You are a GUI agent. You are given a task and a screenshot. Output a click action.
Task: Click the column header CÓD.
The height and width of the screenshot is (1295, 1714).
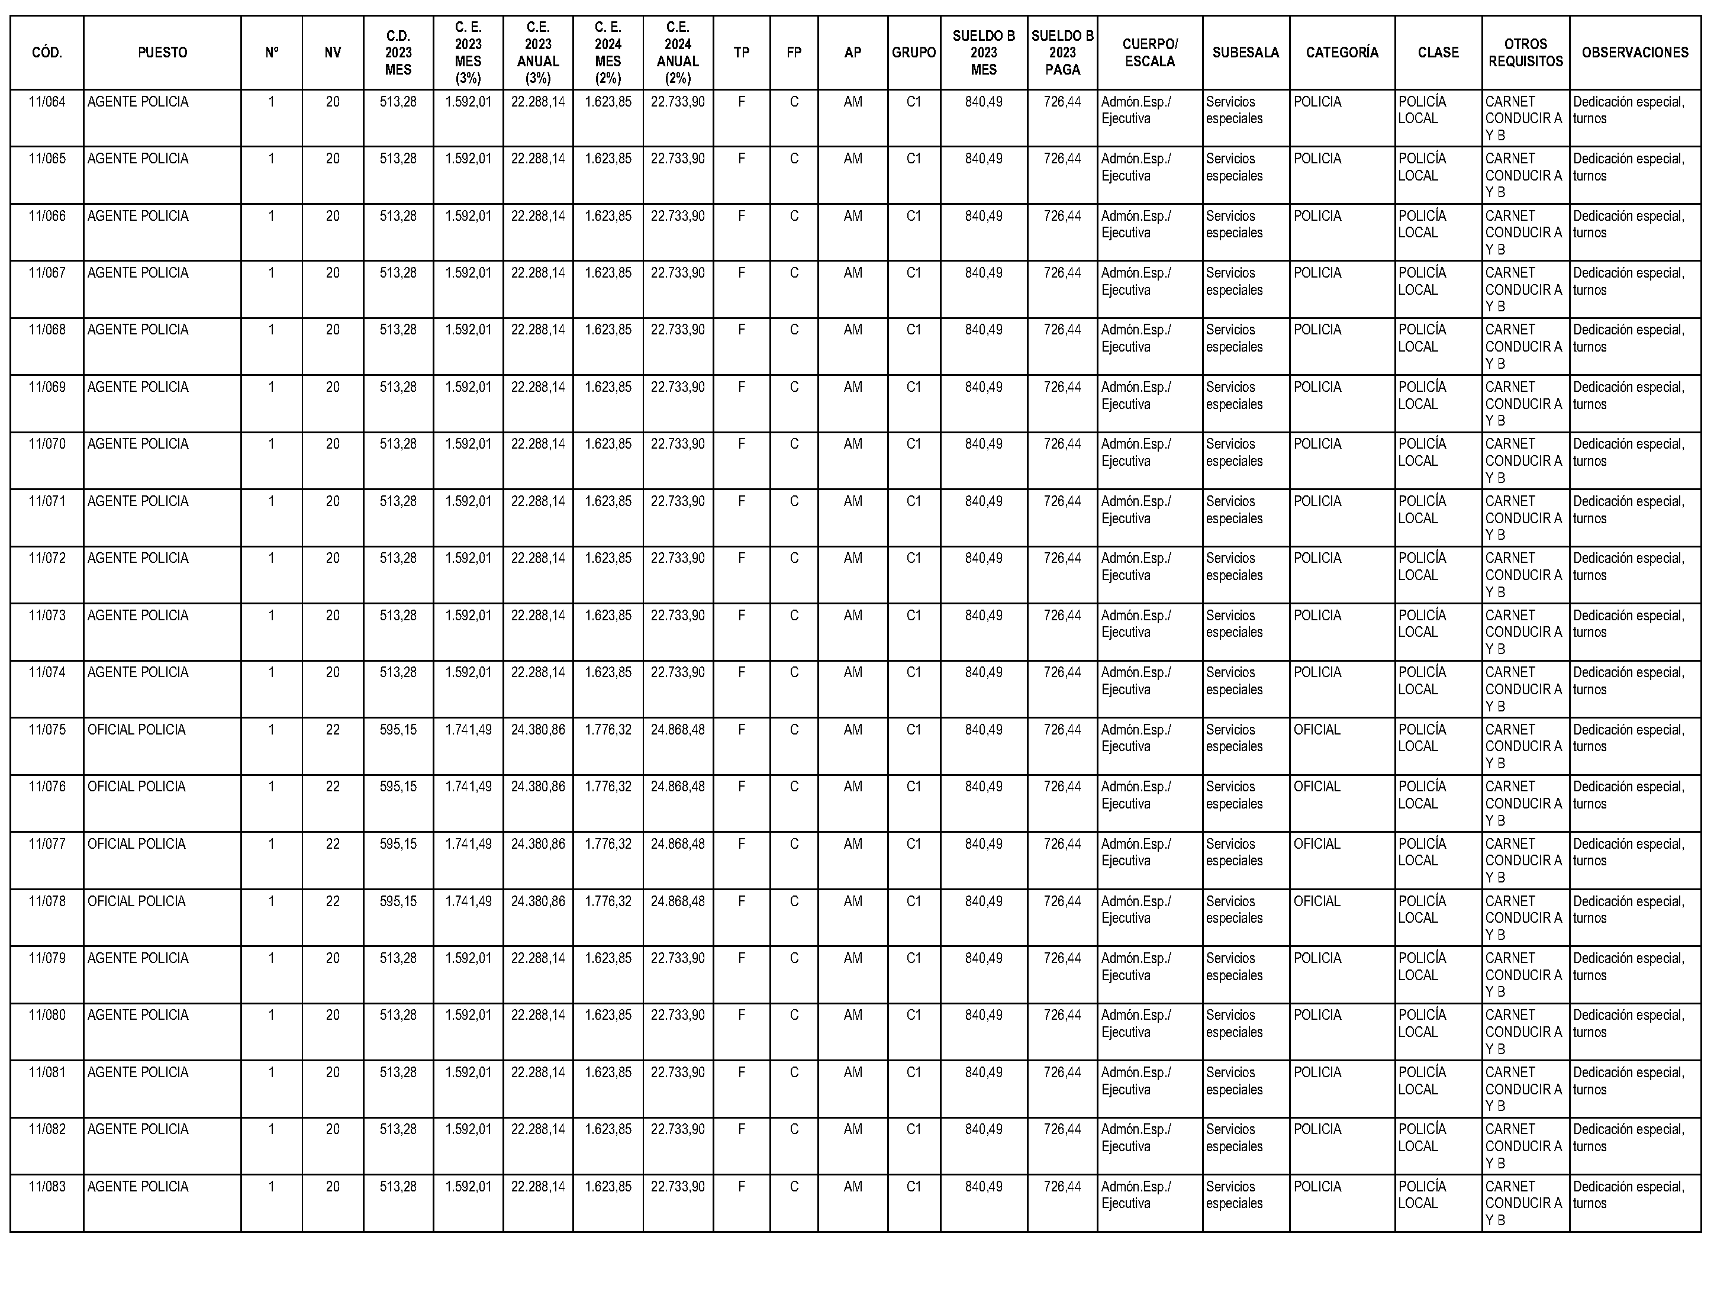click(x=47, y=53)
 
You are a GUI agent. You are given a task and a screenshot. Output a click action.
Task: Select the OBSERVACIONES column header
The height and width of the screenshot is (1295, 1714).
click(x=1635, y=53)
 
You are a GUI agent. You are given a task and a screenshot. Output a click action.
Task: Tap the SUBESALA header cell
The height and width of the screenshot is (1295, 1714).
click(x=1245, y=53)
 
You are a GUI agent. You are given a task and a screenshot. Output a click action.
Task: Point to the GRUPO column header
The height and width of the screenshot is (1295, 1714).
click(x=914, y=53)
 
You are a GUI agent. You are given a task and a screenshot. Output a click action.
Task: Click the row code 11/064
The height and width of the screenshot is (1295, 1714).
click(x=47, y=102)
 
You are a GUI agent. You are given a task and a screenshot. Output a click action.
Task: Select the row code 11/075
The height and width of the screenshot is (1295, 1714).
click(x=47, y=729)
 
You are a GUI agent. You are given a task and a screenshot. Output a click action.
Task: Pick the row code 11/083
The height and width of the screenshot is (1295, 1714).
click(x=47, y=1187)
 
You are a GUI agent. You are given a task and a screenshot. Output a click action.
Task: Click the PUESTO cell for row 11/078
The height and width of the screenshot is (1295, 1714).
click(x=136, y=901)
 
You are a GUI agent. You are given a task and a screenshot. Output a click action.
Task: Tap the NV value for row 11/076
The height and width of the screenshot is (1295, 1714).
click(x=333, y=787)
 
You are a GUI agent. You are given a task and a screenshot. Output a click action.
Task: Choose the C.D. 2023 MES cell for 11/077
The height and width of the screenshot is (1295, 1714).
click(x=398, y=844)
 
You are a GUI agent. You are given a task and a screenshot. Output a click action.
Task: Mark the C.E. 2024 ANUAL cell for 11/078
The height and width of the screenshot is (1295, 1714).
click(x=678, y=901)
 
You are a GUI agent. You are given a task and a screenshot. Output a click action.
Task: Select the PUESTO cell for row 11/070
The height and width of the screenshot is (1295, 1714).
click(x=138, y=444)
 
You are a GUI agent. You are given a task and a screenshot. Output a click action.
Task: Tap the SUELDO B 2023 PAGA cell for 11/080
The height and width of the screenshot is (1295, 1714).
click(x=1062, y=1015)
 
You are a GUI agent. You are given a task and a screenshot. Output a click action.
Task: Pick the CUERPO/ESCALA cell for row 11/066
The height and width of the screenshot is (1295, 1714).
click(x=1136, y=224)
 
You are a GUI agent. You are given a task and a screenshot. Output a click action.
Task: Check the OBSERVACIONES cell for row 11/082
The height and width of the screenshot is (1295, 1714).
click(x=1628, y=1138)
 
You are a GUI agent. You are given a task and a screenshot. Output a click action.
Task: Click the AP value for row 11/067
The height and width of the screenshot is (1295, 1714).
click(x=852, y=273)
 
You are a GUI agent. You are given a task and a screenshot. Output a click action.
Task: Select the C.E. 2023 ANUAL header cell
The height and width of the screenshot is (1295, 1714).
click(x=538, y=53)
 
